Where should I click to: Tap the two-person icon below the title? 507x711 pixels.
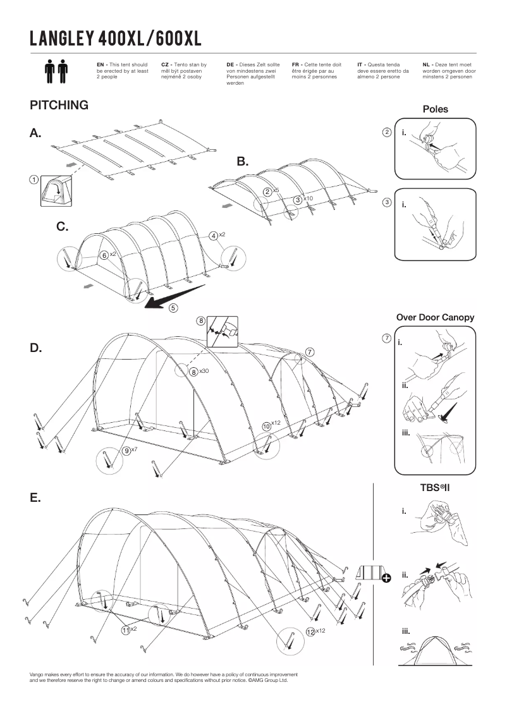point(56,72)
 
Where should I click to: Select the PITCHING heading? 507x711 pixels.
point(59,106)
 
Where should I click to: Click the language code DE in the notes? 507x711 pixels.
point(230,64)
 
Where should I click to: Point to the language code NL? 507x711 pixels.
point(426,64)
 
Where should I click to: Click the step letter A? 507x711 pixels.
point(35,133)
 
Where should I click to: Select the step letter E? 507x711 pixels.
point(35,498)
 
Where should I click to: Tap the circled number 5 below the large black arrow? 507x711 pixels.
point(173,308)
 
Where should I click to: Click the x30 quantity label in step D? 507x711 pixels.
point(204,372)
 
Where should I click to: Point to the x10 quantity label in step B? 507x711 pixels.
point(308,199)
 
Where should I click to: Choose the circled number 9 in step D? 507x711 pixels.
point(127,451)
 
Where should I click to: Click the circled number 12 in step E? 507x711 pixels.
point(310,631)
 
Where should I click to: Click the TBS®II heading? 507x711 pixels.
point(435,487)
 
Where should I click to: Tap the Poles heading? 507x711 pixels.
point(435,109)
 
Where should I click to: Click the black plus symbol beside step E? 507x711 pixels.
point(386,576)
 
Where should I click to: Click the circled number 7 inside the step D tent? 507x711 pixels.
point(309,352)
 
